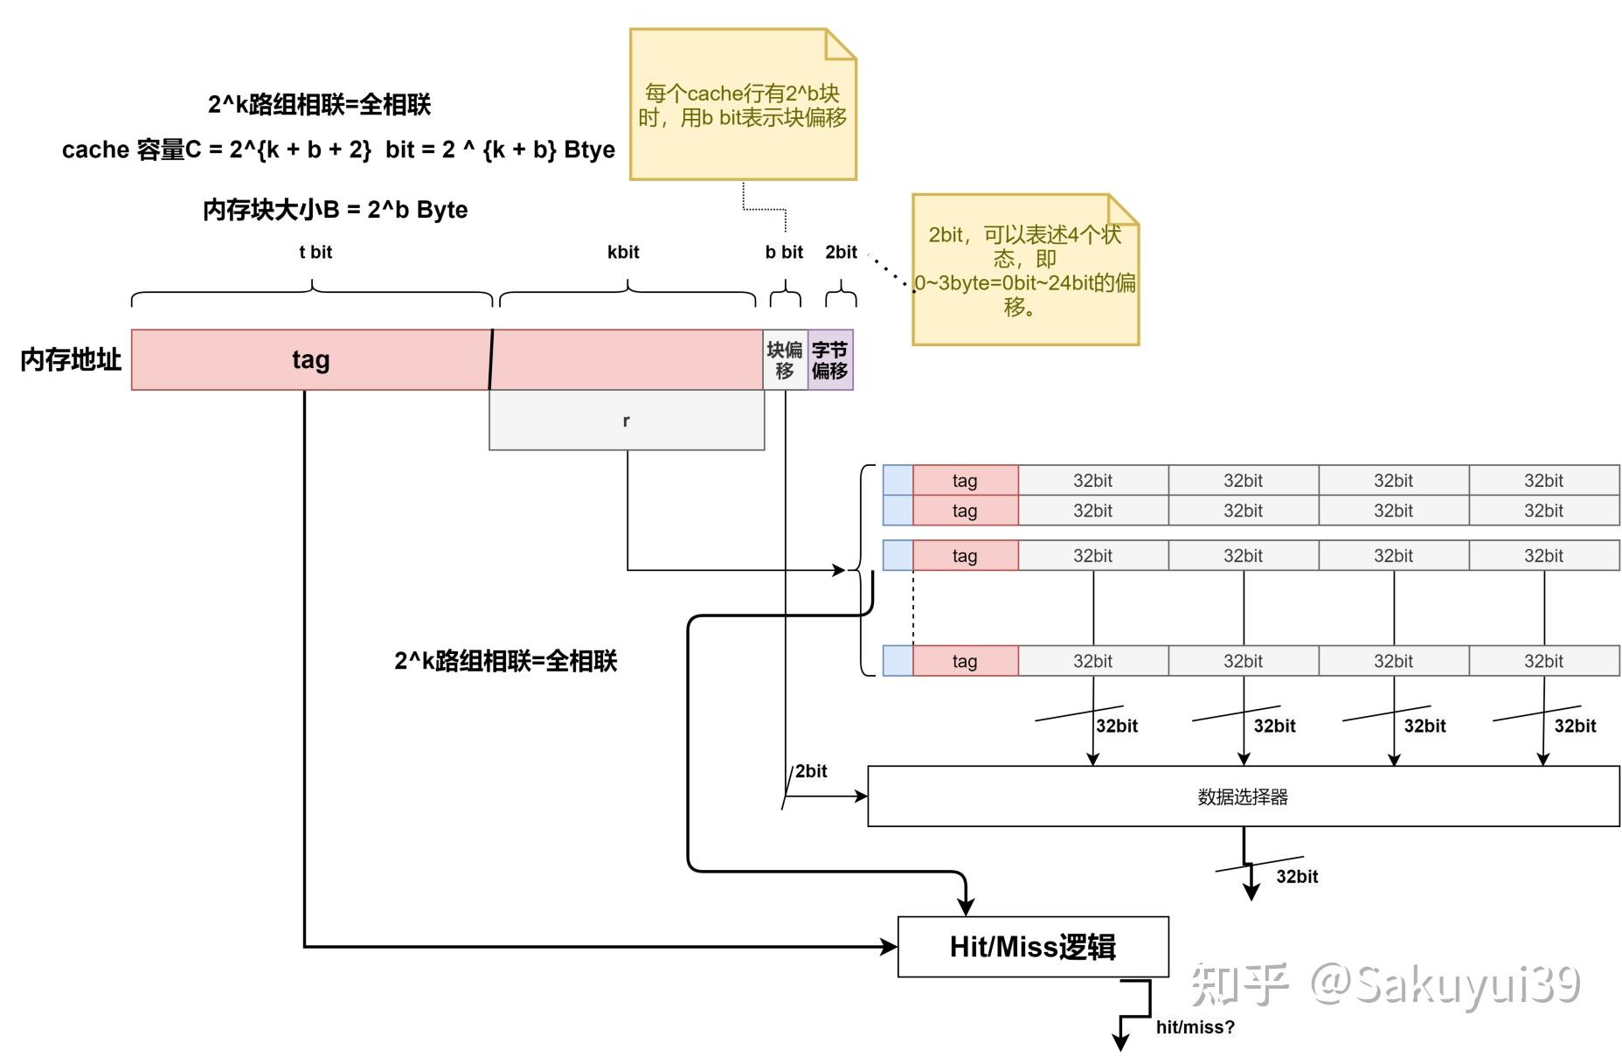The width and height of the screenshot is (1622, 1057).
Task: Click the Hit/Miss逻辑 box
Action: pos(1032,946)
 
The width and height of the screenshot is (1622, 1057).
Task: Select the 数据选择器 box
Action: pos(1243,796)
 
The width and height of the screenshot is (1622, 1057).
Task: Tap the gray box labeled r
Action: pos(626,421)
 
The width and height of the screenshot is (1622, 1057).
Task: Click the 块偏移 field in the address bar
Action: pos(785,359)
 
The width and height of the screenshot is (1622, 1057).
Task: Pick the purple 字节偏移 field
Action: pos(830,359)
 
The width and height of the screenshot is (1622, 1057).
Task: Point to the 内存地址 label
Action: pos(70,359)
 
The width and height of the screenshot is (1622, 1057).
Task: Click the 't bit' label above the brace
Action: pos(315,252)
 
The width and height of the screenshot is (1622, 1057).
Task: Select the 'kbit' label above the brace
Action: pos(623,252)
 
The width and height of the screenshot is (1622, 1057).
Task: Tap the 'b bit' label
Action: pos(784,252)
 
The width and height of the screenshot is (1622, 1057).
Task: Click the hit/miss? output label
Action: pos(1195,1026)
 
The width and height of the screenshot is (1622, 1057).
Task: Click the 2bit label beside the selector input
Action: pos(811,770)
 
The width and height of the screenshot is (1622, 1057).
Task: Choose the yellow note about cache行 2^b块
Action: pos(742,105)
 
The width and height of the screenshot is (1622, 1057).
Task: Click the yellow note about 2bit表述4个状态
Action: pos(1024,270)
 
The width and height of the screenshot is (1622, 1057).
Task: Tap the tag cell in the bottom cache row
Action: pos(965,661)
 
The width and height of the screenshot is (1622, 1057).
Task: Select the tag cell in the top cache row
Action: pos(965,480)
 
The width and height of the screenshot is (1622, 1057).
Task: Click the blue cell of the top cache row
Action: pos(898,480)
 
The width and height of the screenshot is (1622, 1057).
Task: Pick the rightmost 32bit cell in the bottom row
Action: pos(1543,661)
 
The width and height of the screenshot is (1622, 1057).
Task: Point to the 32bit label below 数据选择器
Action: pos(1297,876)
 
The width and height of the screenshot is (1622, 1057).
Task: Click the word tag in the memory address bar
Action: pos(310,359)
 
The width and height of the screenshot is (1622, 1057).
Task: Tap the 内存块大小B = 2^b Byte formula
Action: pos(335,210)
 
